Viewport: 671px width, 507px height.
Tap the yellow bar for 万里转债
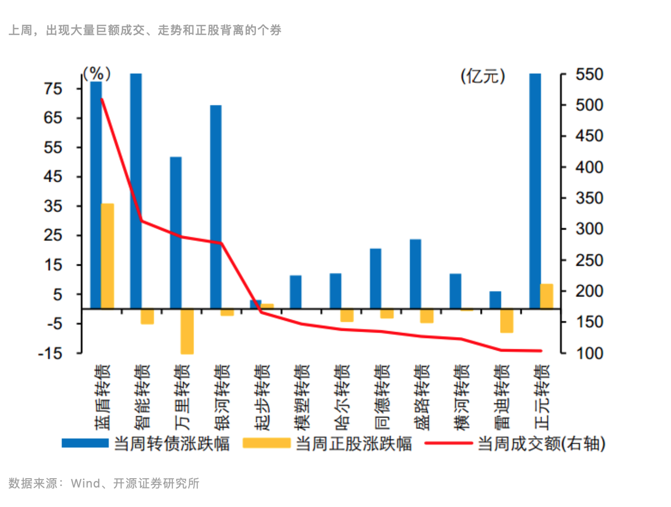tap(187, 331)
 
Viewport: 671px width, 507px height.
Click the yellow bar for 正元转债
tap(547, 296)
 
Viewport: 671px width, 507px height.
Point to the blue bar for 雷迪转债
tap(495, 300)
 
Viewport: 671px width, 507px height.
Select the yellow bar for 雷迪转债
tap(506, 320)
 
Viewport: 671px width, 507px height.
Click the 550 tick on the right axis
tap(589, 74)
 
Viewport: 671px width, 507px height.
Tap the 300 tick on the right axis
tap(589, 229)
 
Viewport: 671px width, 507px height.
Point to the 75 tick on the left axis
tap(53, 89)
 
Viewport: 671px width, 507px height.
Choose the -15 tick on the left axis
tap(50, 353)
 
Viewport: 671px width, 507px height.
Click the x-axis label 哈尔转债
tap(341, 397)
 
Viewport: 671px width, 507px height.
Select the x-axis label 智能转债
tap(142, 397)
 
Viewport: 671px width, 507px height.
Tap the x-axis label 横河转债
tap(461, 397)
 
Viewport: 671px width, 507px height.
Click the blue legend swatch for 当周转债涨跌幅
tap(85, 444)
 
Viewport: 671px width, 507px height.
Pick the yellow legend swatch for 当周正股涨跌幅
tap(266, 444)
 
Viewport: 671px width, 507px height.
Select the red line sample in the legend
tap(448, 444)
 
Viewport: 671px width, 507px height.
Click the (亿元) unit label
tap(483, 77)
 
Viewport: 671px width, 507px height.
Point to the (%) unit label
tap(97, 73)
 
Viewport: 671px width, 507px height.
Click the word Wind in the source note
tap(85, 483)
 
